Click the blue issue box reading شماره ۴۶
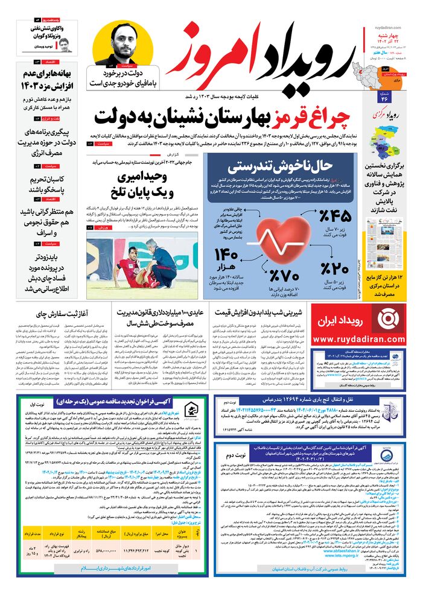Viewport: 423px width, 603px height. (x=384, y=96)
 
